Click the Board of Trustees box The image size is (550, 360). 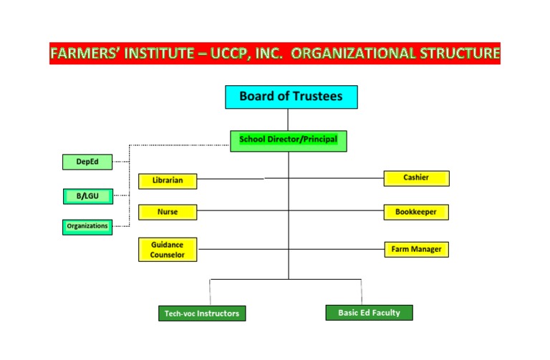[291, 97]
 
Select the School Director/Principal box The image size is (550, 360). [288, 140]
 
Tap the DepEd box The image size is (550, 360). [87, 162]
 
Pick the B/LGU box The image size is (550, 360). [87, 195]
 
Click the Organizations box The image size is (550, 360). [87, 226]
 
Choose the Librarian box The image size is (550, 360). [168, 181]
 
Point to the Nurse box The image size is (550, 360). [168, 212]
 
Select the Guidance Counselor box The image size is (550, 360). [168, 249]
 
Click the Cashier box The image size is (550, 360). [416, 178]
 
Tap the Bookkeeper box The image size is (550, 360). [416, 212]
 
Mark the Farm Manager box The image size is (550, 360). [416, 249]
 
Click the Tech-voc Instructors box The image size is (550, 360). [201, 313]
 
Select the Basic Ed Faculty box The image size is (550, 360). [369, 313]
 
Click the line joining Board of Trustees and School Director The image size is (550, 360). [289, 120]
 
